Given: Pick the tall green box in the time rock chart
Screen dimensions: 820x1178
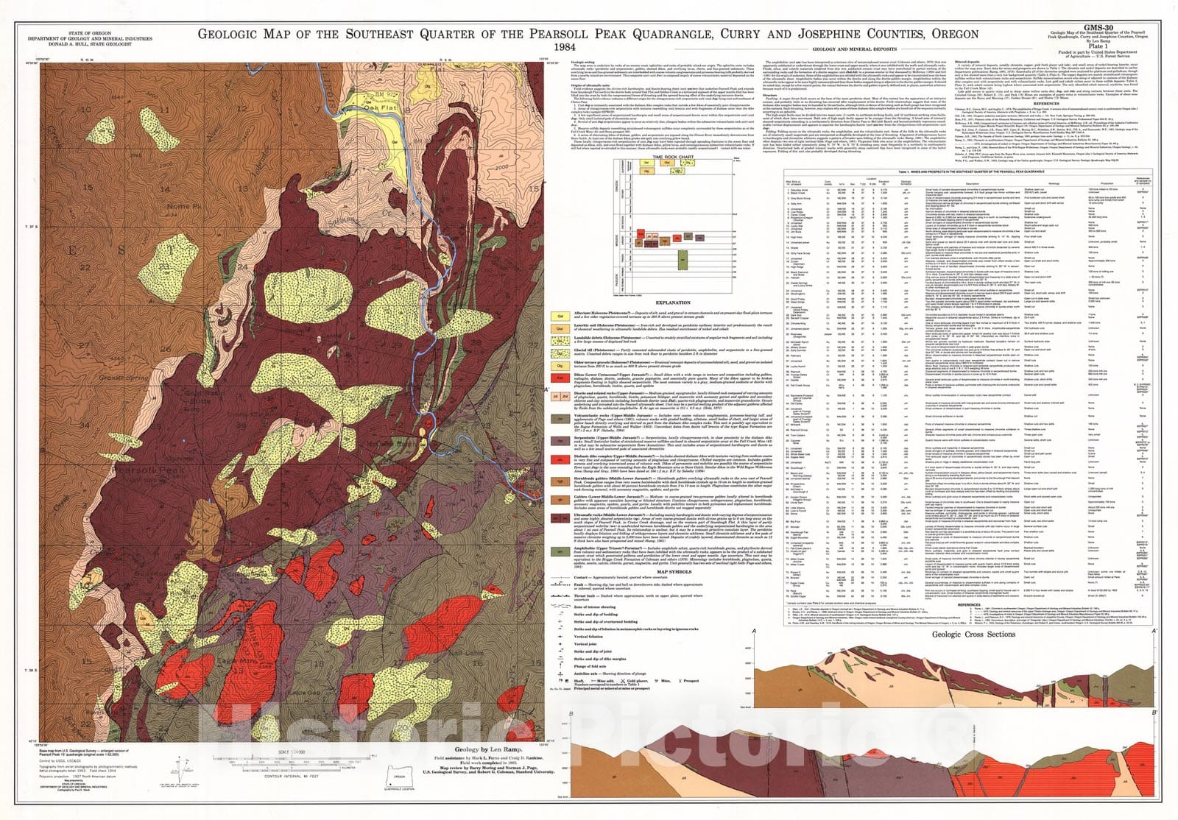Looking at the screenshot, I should [x=683, y=261].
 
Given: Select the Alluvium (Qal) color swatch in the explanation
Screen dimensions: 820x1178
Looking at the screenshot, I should [x=560, y=316].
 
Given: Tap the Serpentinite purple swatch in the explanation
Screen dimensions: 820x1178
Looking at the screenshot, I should [x=560, y=441].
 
